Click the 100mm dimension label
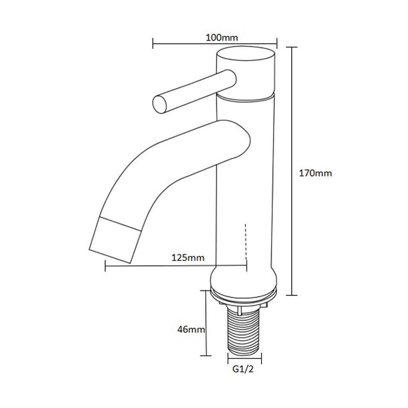[222, 38]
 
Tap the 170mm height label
[315, 173]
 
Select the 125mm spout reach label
[188, 257]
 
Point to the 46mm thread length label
[191, 329]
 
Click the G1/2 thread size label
[243, 369]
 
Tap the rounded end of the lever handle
[160, 104]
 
